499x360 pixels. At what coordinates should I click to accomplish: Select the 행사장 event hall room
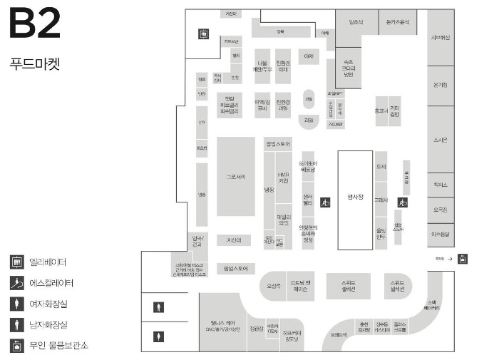(355, 200)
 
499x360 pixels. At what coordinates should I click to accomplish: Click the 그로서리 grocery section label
(236, 176)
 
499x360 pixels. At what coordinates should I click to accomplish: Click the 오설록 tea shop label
(274, 286)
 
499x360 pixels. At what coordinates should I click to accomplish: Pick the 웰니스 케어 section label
(222, 323)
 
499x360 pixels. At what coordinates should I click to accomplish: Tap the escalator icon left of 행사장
(325, 202)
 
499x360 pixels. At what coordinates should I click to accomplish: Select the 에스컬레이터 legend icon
(16, 283)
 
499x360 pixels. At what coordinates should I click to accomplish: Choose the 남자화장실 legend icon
(16, 325)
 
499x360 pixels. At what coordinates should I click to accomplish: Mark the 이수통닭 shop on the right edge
(440, 232)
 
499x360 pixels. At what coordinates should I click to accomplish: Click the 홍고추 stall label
(381, 111)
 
